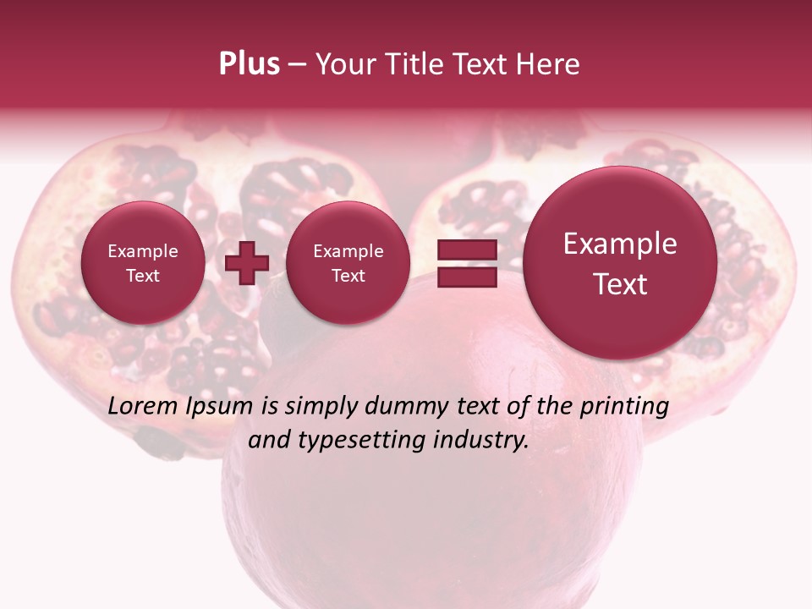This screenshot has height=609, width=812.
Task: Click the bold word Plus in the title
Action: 249,64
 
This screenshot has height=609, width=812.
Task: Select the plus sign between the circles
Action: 247,263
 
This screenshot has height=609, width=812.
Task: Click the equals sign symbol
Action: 466,263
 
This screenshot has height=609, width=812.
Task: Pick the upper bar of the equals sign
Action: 466,250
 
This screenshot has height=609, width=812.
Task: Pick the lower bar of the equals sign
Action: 466,277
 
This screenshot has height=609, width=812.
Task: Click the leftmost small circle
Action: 142,263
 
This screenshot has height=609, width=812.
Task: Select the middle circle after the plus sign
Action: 348,263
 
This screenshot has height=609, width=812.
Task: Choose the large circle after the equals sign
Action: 620,263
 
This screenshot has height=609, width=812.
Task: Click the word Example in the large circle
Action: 620,244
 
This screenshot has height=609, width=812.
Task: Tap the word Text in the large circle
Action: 620,284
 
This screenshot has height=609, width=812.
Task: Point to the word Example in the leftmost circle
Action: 142,251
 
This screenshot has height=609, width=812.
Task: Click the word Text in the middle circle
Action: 348,276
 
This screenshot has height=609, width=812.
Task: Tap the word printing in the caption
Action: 626,407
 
